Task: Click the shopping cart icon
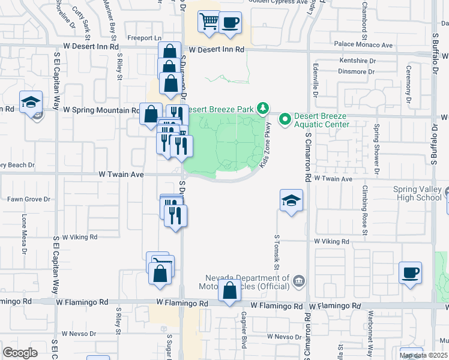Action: coord(209,22)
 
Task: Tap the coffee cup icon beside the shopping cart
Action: coord(231,23)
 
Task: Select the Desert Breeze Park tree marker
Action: coord(262,108)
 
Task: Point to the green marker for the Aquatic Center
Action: coord(286,116)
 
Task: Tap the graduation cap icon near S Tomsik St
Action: coord(291,200)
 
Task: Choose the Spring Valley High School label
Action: coord(417,193)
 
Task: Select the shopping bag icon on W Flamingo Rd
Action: coord(230,292)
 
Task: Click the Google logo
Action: coord(20,352)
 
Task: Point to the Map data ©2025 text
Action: coord(423,355)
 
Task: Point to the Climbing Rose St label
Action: coord(364,206)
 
